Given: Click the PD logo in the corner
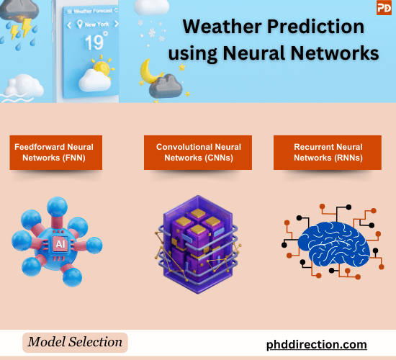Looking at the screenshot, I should tap(384, 9).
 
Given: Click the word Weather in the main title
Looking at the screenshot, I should tap(215, 27).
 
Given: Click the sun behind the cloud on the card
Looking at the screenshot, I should tap(102, 69).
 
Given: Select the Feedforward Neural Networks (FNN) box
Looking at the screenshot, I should tap(54, 152).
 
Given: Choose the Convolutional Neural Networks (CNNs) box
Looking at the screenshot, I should tap(198, 152).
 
